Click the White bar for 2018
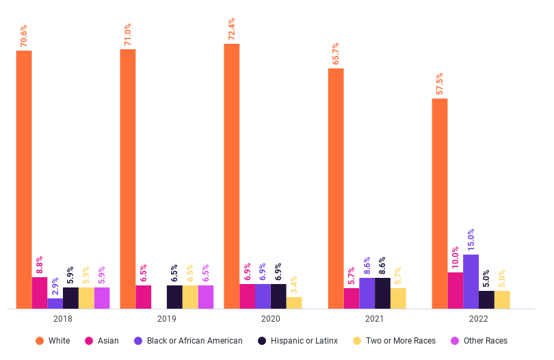[x=24, y=179]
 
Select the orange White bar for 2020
[x=231, y=176]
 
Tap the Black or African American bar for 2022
[x=471, y=281]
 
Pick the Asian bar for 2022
[x=455, y=290]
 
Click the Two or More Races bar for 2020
[x=293, y=303]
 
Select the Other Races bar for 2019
[x=206, y=297]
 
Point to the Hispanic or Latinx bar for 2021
[x=382, y=293]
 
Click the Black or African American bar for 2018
[x=55, y=303]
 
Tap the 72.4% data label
[x=233, y=30]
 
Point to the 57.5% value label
[x=440, y=85]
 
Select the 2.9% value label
[x=55, y=285]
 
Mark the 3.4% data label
[x=294, y=283]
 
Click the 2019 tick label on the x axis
[x=166, y=319]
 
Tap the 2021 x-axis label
[x=374, y=319]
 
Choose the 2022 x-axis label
[x=478, y=319]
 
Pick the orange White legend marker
[x=40, y=341]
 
